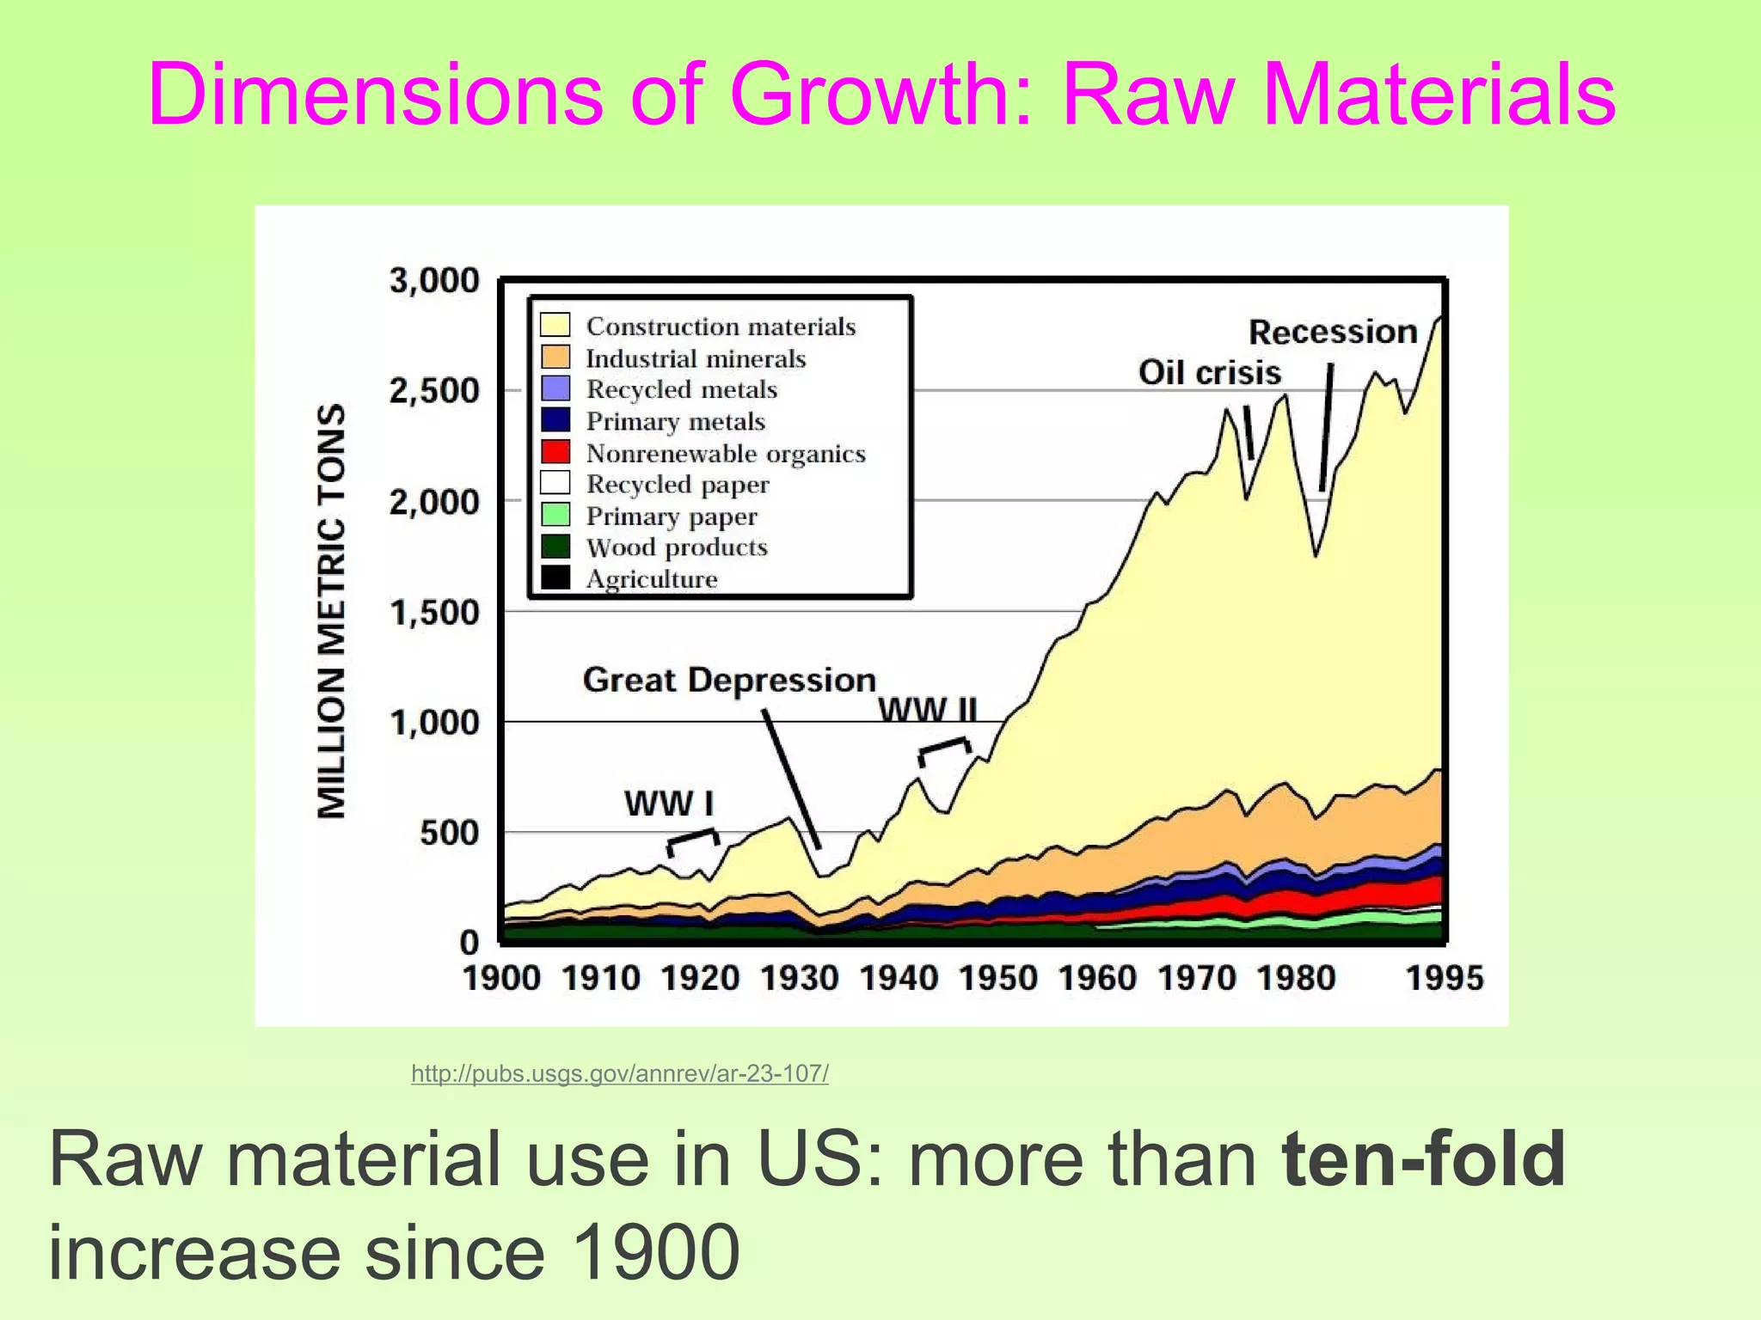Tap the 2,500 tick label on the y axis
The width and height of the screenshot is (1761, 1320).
coord(434,391)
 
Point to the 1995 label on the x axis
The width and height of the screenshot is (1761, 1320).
coord(1444,978)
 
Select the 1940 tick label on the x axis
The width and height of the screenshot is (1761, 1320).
coord(899,978)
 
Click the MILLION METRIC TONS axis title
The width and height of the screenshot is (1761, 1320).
coord(332,611)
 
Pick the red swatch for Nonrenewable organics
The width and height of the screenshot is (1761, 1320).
coord(555,452)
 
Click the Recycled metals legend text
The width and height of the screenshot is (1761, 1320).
coord(681,389)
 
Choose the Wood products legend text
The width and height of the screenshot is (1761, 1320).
coord(677,547)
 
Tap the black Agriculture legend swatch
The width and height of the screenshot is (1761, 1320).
coord(555,578)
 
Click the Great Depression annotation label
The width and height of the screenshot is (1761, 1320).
coord(729,680)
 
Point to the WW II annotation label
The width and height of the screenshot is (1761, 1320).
coord(928,711)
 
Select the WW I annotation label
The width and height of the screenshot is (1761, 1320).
coord(669,804)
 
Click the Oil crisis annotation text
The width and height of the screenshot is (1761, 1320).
coord(1209,372)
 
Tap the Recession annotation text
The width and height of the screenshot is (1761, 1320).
coord(1332,332)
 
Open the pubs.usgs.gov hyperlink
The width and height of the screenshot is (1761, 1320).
coord(619,1073)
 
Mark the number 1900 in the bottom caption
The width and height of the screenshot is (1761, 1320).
coord(653,1252)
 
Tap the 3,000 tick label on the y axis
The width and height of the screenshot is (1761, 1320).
coord(434,281)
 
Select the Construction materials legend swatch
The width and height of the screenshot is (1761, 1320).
coord(555,326)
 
